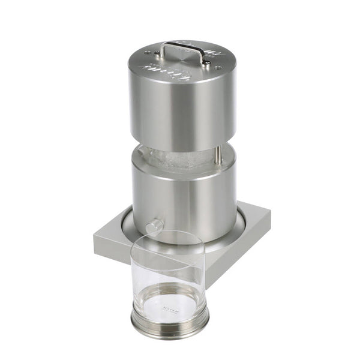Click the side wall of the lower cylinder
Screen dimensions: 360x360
tap(180, 198)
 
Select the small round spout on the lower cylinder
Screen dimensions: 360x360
tap(152, 226)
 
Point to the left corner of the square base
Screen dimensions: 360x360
tap(96, 237)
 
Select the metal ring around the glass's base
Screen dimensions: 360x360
tap(170, 328)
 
